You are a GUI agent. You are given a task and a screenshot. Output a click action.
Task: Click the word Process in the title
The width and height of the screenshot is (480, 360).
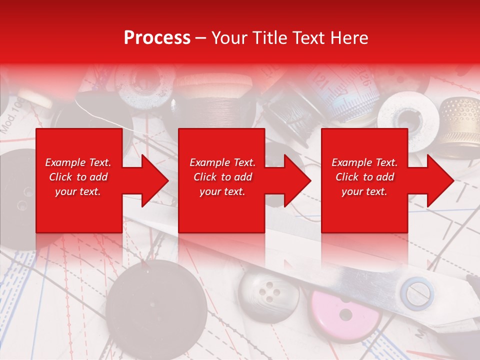click(x=157, y=38)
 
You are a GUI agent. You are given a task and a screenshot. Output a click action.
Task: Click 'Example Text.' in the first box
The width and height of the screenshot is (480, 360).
click(x=78, y=162)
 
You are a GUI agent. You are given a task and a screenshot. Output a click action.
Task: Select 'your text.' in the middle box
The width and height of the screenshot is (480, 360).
click(x=222, y=191)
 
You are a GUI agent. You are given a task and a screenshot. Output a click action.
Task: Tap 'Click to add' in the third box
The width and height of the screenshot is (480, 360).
click(x=364, y=177)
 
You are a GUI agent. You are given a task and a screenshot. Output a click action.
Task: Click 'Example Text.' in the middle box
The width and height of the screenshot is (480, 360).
click(x=222, y=162)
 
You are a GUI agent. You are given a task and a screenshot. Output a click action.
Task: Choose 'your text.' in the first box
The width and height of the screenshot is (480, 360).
click(x=78, y=191)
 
